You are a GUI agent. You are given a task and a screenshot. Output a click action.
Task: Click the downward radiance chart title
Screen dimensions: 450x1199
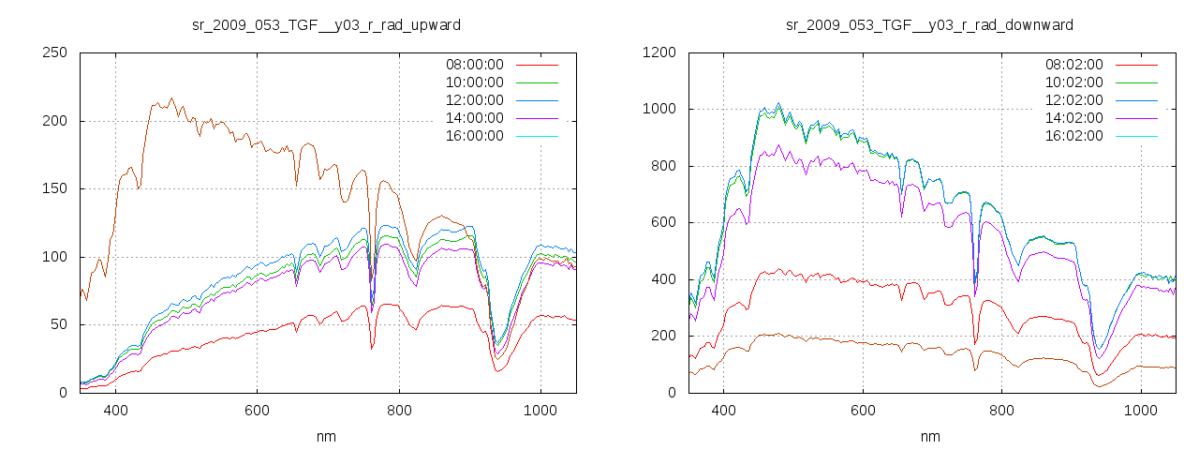tap(929, 24)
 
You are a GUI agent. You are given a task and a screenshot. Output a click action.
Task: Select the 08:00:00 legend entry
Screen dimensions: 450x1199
tap(474, 65)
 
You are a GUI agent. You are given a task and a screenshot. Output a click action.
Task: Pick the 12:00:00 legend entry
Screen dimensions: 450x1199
tap(474, 100)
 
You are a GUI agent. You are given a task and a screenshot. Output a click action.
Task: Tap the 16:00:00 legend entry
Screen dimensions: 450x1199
tap(474, 136)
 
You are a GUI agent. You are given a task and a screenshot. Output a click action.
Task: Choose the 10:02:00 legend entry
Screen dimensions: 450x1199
tap(1074, 82)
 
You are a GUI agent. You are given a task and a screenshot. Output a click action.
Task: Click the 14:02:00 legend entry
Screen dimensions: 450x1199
tap(1074, 118)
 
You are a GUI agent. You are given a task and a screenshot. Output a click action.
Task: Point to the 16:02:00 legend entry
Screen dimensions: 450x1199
tap(1074, 136)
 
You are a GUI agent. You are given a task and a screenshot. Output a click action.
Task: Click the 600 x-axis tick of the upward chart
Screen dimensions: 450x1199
tap(257, 410)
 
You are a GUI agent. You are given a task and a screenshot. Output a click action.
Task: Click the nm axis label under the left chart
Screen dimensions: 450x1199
tap(327, 436)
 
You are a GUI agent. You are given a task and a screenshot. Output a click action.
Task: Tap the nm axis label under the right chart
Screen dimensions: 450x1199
tap(930, 436)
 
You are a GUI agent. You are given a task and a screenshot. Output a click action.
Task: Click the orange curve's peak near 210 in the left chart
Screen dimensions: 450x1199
tap(171, 98)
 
